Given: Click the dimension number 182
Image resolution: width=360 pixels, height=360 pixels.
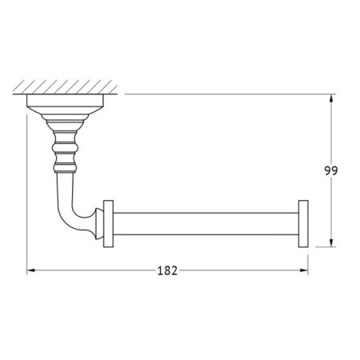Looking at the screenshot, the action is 167,270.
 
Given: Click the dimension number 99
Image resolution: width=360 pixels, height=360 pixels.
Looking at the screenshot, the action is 331,170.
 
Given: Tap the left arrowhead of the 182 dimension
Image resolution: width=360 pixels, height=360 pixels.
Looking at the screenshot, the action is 31,270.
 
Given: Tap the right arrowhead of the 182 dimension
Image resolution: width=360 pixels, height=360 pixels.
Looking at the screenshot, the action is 304,270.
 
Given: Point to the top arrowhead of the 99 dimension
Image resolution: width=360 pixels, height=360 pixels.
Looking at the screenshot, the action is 331,98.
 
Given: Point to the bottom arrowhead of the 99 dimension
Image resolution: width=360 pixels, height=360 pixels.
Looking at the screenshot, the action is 331,242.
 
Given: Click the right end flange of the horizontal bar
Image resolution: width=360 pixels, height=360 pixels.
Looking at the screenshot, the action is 303,224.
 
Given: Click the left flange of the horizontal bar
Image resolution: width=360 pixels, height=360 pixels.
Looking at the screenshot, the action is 108,224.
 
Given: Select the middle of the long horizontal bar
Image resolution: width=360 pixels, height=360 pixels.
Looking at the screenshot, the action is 206,224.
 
